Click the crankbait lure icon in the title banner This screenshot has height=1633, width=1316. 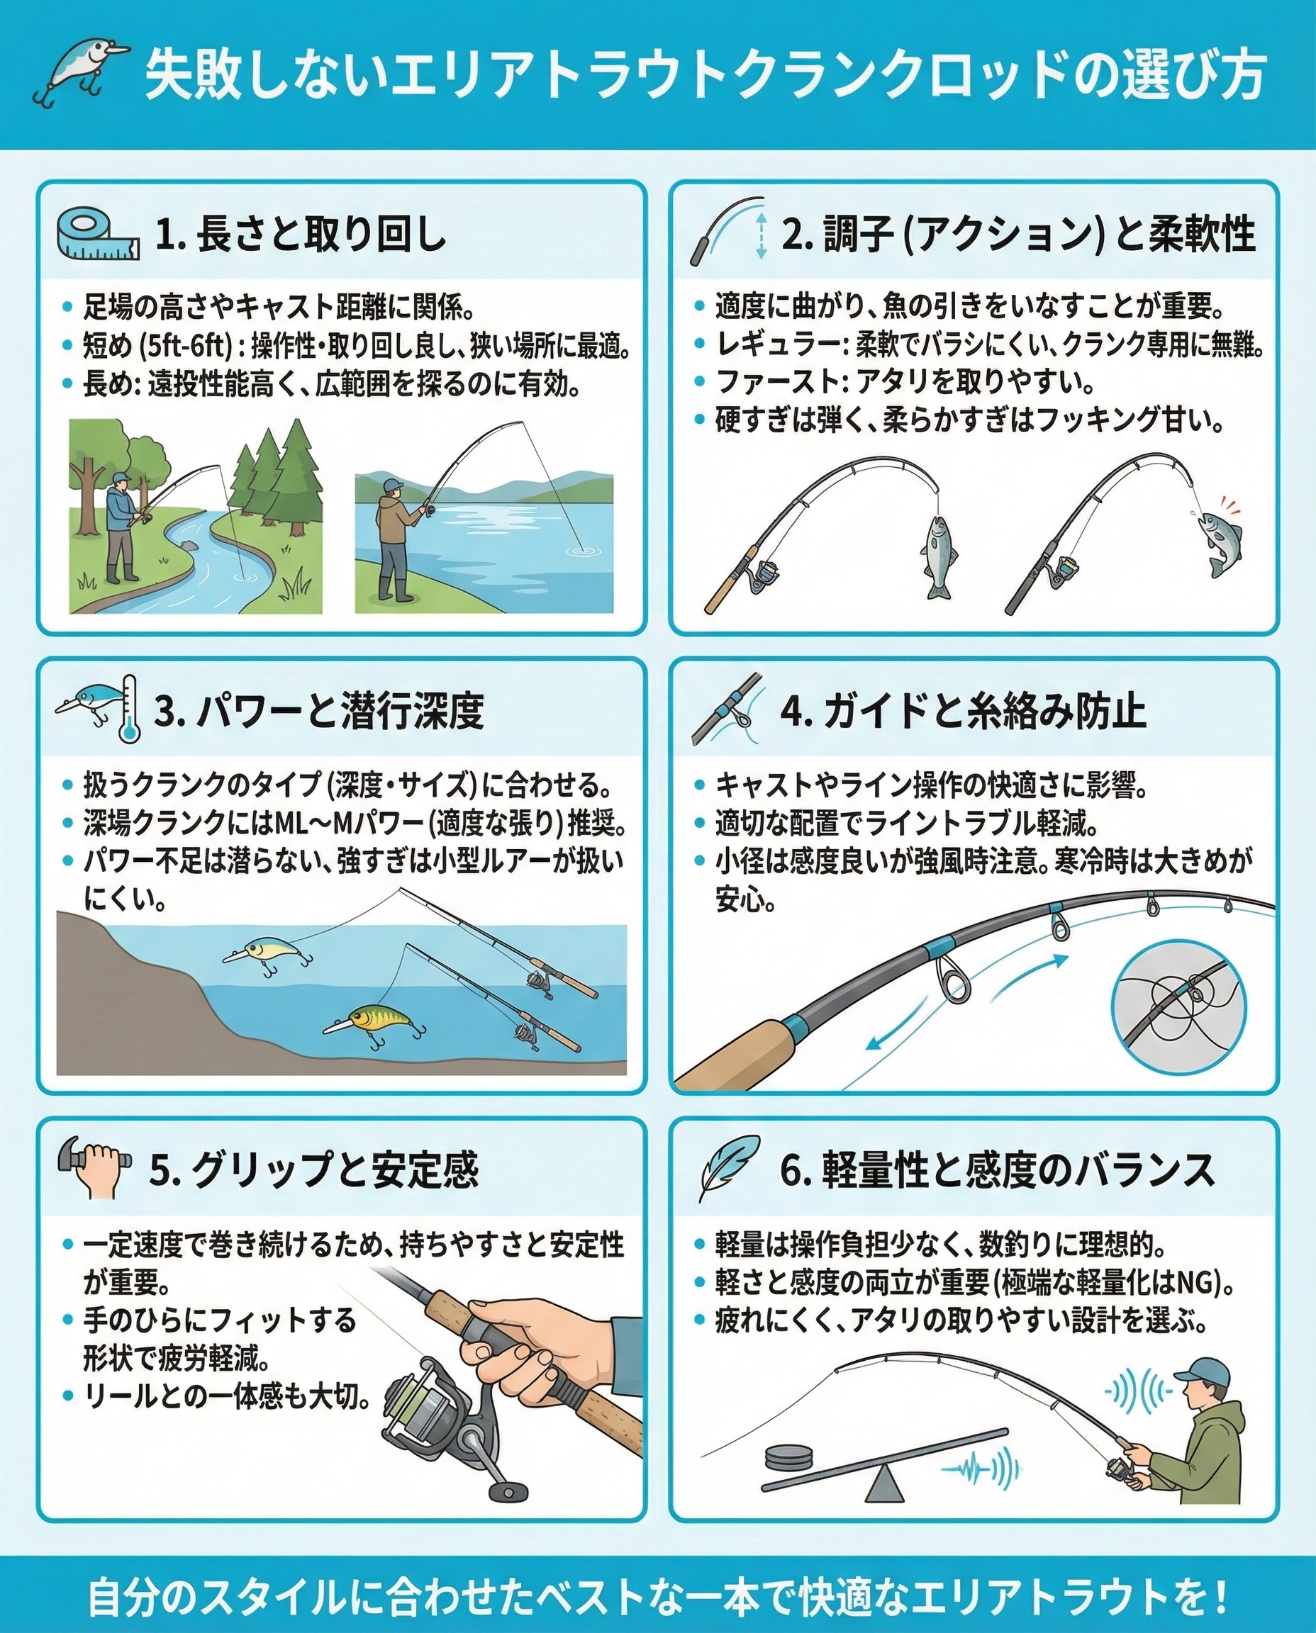coord(79,72)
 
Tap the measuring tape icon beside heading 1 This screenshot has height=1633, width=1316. coord(98,235)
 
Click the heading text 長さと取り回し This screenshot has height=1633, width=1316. coord(320,233)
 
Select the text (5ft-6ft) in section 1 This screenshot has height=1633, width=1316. coord(186,347)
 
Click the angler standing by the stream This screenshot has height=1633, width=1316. coord(121,527)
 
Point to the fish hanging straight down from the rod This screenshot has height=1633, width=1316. coord(939,556)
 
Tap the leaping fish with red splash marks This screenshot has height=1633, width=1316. coord(1218,539)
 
